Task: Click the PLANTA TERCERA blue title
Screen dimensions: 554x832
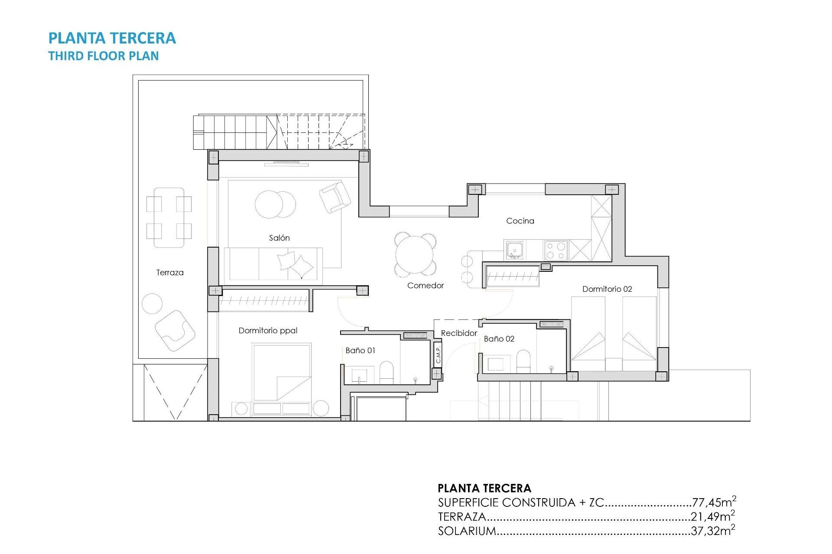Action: pos(112,38)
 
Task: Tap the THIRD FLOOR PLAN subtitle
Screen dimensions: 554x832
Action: pos(103,56)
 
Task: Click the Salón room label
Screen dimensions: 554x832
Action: pos(279,238)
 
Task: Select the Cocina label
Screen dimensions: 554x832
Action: pos(520,221)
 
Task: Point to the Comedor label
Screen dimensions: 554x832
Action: pos(425,285)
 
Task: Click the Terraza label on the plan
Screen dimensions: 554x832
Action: pos(170,272)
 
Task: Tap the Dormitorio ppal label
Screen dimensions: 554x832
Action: pos(268,331)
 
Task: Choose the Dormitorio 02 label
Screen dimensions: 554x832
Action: pos(607,289)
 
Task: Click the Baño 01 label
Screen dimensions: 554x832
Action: pos(360,351)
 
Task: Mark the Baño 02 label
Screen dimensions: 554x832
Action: pos(499,339)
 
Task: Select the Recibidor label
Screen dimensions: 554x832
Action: pos(458,333)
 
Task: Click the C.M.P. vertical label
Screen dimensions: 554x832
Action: pos(438,354)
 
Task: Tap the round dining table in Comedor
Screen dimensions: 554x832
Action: pos(415,254)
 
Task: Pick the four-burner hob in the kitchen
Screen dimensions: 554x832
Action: pos(556,250)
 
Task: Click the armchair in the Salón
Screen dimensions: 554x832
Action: pos(335,197)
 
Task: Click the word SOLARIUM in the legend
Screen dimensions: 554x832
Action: pos(467,531)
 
